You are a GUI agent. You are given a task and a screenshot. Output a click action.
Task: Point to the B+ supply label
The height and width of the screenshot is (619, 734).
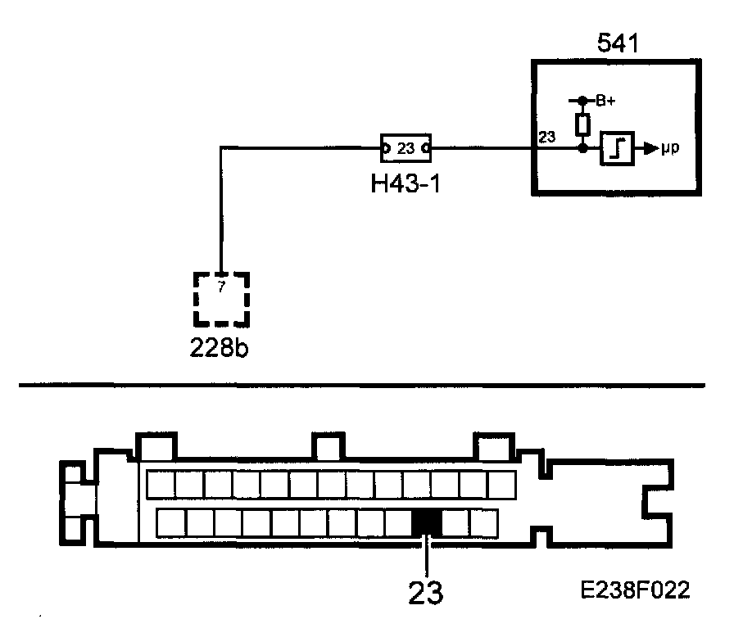click(606, 101)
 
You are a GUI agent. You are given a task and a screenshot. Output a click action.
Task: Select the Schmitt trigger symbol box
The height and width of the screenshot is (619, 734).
click(616, 149)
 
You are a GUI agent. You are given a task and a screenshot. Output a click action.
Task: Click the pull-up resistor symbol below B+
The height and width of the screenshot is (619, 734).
click(582, 124)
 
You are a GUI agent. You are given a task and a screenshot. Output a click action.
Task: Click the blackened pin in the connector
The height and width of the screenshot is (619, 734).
click(426, 522)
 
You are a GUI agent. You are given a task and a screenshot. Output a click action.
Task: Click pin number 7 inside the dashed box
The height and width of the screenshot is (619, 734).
click(221, 287)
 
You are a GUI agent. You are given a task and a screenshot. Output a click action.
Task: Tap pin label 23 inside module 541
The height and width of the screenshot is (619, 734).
click(547, 138)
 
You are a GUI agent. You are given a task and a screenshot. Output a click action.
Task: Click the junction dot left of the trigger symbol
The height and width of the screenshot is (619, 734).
click(582, 149)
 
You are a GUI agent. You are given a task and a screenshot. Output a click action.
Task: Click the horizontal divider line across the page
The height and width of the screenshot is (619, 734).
click(360, 385)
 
